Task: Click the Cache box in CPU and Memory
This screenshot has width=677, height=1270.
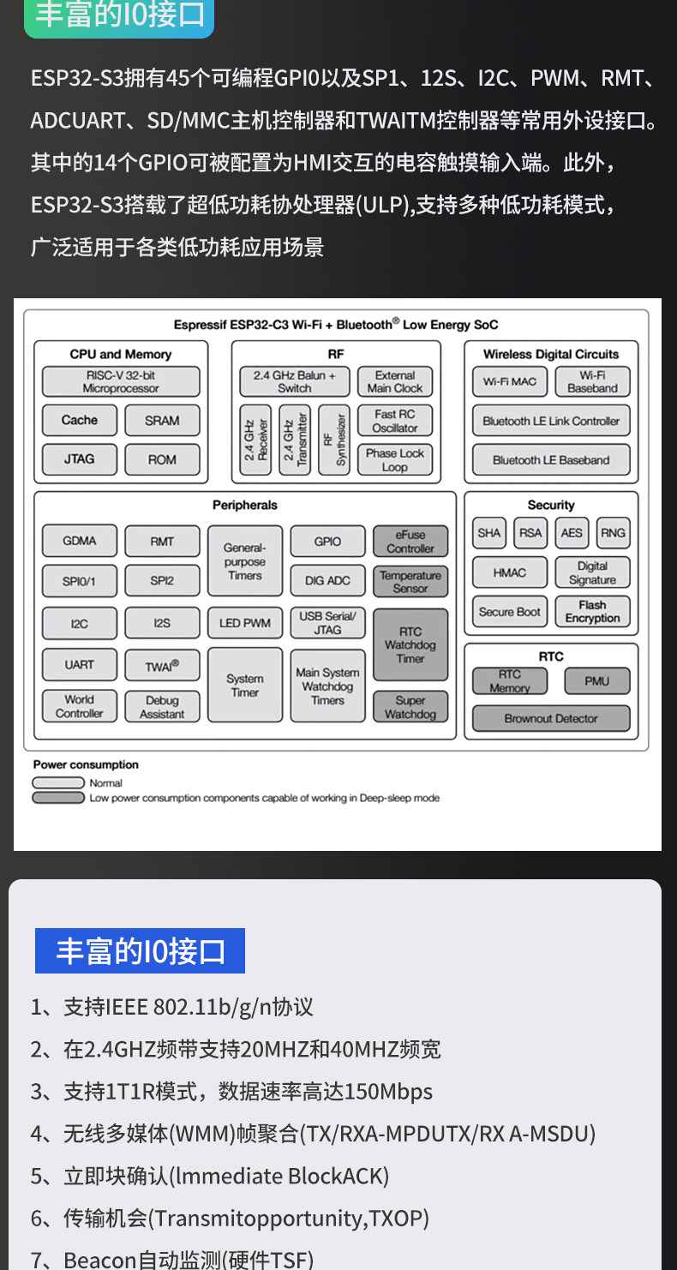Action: [80, 420]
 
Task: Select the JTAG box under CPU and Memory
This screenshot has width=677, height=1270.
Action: [80, 459]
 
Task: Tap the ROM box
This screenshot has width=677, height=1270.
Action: [162, 459]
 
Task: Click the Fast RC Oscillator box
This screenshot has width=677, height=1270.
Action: [395, 421]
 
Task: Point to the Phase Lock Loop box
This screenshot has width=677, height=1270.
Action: [395, 460]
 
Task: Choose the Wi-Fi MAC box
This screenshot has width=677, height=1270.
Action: [510, 381]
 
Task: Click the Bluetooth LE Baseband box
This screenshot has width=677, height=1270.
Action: [551, 460]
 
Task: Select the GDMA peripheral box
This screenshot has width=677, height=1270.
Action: [80, 541]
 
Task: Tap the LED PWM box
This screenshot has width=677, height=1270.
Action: [245, 623]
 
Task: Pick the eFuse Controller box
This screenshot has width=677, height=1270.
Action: [410, 542]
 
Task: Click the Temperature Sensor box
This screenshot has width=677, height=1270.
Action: [410, 582]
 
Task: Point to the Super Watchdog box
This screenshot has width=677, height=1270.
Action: [410, 707]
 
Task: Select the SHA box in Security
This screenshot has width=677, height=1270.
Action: [489, 533]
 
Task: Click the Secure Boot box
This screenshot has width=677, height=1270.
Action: [510, 612]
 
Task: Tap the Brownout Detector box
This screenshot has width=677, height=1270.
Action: [551, 718]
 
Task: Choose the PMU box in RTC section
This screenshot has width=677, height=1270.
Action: [597, 681]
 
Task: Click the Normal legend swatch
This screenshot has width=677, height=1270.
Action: [59, 782]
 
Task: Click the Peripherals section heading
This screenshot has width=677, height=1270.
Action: [245, 506]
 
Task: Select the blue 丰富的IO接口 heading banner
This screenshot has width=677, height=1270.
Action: [140, 951]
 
